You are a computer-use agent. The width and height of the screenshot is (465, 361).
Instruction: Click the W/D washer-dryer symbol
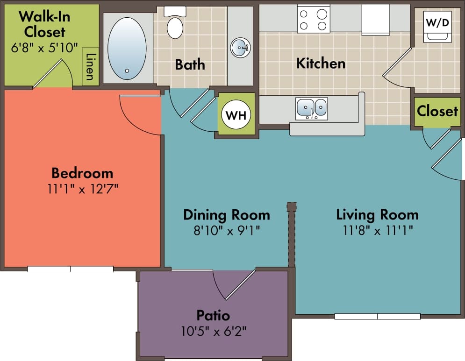click(x=437, y=26)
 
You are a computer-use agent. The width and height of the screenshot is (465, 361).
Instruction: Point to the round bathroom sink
click(x=240, y=47)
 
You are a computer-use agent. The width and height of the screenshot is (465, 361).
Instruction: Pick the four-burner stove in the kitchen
click(x=313, y=19)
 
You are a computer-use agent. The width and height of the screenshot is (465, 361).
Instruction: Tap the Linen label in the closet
click(x=90, y=67)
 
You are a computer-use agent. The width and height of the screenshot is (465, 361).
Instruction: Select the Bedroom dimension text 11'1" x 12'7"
click(x=82, y=189)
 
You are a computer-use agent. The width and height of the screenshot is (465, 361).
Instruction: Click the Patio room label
click(x=213, y=315)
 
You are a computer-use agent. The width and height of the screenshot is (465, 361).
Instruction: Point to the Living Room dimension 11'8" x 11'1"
click(x=377, y=230)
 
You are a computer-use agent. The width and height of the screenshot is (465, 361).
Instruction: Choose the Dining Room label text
click(x=226, y=215)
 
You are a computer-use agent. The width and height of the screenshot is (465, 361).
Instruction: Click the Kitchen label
click(x=321, y=63)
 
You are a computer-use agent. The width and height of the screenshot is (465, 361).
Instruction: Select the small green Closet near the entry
click(x=437, y=111)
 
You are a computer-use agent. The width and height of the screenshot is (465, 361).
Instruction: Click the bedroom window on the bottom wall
click(x=70, y=269)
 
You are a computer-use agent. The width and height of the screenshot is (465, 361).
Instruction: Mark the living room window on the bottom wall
click(x=378, y=316)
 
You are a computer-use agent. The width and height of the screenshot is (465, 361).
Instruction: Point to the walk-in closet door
click(x=51, y=75)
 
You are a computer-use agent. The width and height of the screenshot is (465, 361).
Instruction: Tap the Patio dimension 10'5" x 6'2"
click(x=213, y=332)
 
